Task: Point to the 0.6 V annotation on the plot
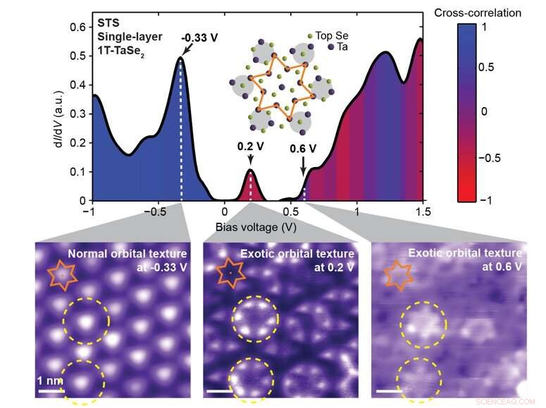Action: pos(303,149)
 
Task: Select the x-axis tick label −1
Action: pos(89,211)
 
